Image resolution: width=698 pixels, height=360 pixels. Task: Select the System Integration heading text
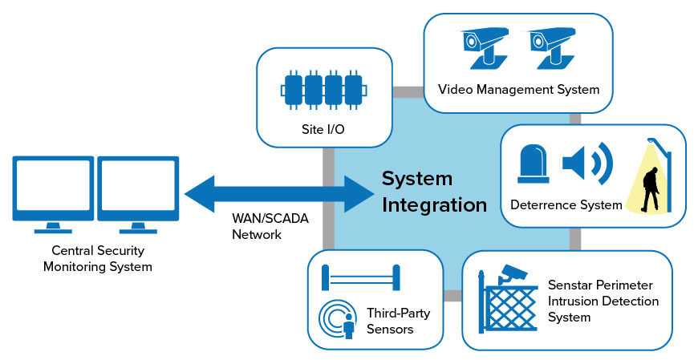tap(434, 192)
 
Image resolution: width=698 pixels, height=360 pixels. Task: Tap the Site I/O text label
tap(323, 129)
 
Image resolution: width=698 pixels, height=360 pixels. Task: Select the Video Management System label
tap(518, 89)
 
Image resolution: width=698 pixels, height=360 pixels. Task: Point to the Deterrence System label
tap(566, 204)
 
